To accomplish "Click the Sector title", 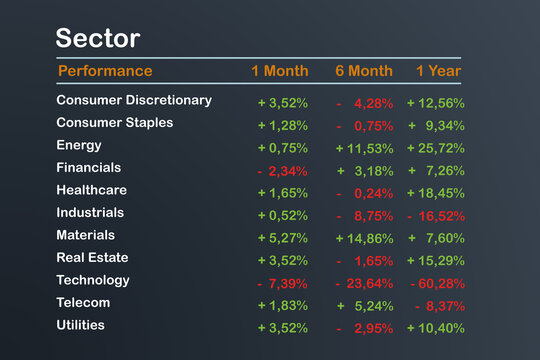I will pos(98,39).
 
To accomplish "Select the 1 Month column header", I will pos(280,71).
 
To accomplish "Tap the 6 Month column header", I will pos(364,71).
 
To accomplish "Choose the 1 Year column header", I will pos(438,71).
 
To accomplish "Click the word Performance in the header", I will pos(105,71).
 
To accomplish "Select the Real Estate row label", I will pos(94,258).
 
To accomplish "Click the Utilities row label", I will pos(80,325).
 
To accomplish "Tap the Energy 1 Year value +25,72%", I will pos(436,148).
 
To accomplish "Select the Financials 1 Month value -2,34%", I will pos(282,170).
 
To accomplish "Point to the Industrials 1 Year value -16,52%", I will pos(436,215).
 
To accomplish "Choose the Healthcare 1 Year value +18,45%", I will pos(436,193).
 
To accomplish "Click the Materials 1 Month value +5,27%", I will pos(282,238).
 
